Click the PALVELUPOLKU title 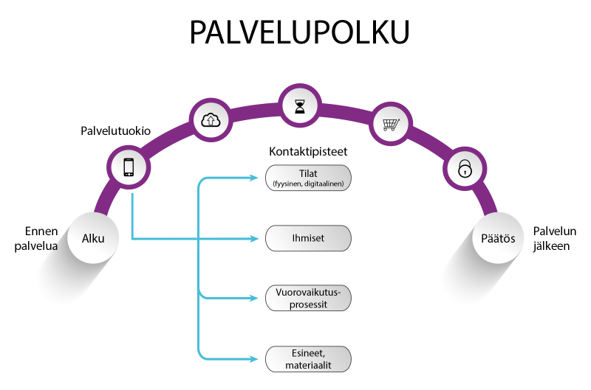(x=299, y=32)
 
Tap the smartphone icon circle (x=129, y=167)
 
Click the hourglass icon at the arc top (x=299, y=106)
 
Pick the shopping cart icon (x=390, y=124)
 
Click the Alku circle (x=92, y=238)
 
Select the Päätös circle (x=497, y=238)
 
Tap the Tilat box (x=307, y=178)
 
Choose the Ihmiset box (x=307, y=238)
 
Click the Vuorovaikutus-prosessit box (x=307, y=298)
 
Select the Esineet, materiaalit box (x=307, y=359)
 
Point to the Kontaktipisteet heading (x=307, y=153)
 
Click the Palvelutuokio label (x=116, y=131)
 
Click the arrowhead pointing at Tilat (x=260, y=178)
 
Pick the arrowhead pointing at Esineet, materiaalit (x=260, y=359)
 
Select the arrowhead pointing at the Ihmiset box (x=260, y=238)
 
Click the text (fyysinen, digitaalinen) (x=307, y=184)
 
